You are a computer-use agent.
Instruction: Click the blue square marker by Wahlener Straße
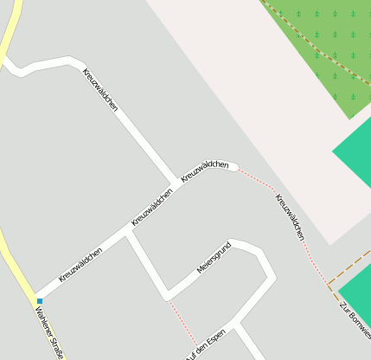pyautogui.click(x=39, y=301)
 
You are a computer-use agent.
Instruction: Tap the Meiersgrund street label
pyautogui.click(x=215, y=256)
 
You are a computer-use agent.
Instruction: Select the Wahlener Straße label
pyautogui.click(x=49, y=334)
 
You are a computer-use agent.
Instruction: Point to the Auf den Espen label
pyautogui.click(x=205, y=344)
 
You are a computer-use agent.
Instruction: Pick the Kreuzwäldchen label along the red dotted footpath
pyautogui.click(x=291, y=216)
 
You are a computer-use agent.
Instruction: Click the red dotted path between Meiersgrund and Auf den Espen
pyautogui.click(x=182, y=322)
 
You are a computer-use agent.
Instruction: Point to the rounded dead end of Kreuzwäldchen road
pyautogui.click(x=232, y=166)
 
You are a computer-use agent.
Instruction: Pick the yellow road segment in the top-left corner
pyautogui.click(x=10, y=26)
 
